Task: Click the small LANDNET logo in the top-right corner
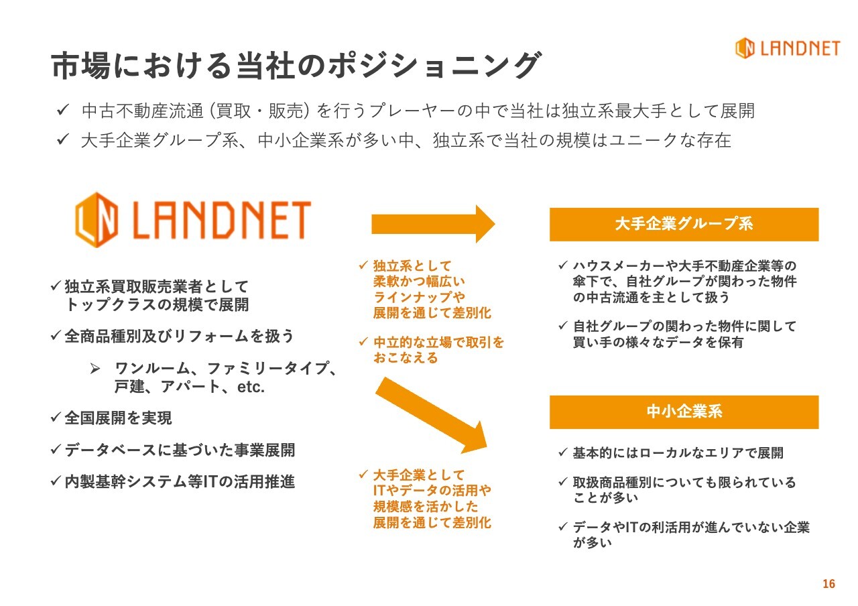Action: (x=788, y=48)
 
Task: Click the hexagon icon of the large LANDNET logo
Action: (x=97, y=219)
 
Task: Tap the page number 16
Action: (x=829, y=584)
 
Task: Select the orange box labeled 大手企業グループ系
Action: (x=684, y=225)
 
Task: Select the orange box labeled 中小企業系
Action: (x=684, y=412)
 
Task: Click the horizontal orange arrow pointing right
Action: (x=433, y=224)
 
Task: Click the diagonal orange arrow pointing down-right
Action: (x=431, y=416)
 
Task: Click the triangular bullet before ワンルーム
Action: (x=95, y=369)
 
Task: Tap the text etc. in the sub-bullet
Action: (x=251, y=387)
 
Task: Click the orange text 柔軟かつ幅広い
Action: (x=419, y=282)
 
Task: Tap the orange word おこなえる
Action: (x=406, y=358)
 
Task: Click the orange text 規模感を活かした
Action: (x=426, y=506)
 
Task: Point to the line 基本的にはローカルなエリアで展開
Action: (x=678, y=452)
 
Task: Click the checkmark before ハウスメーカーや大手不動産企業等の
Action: (x=562, y=265)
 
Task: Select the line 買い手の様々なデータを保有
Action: (x=658, y=342)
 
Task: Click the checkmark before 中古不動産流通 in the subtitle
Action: (x=62, y=110)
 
